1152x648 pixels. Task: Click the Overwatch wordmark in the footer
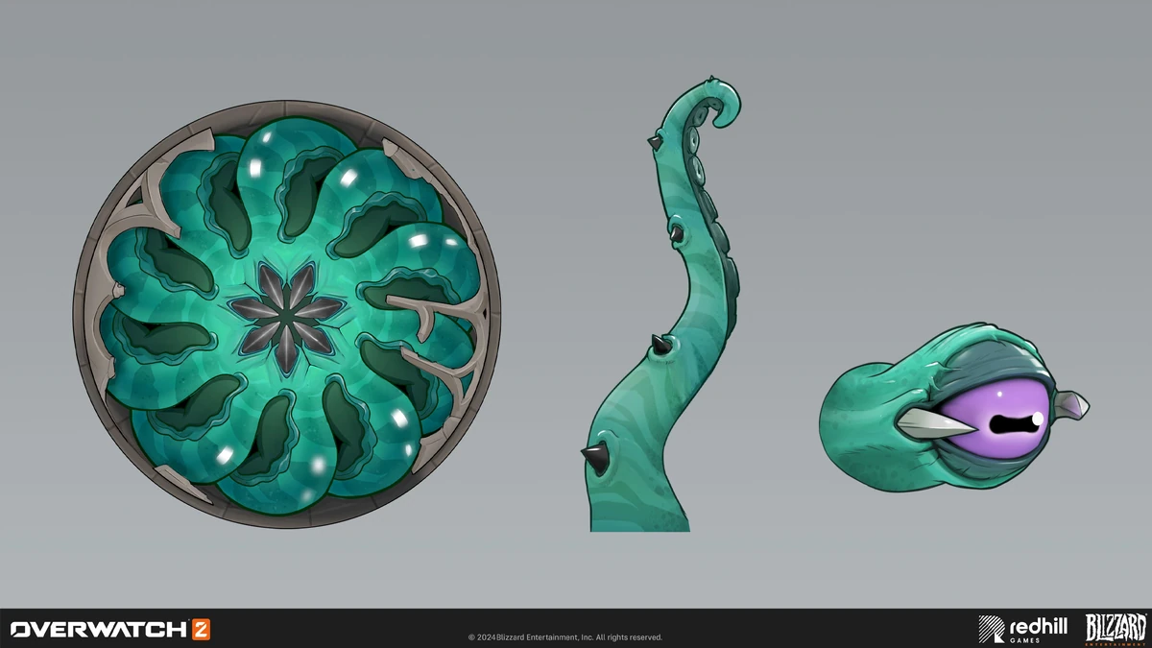[99, 630]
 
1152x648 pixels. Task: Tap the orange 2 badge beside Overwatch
[201, 630]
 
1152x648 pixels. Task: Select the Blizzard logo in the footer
[1116, 629]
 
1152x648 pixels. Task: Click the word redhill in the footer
[1039, 627]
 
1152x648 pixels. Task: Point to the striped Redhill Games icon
[991, 629]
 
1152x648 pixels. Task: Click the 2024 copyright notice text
[565, 637]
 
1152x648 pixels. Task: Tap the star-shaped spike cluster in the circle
[286, 317]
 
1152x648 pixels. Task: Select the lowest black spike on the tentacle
[594, 457]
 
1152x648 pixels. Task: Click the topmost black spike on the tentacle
[654, 142]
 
